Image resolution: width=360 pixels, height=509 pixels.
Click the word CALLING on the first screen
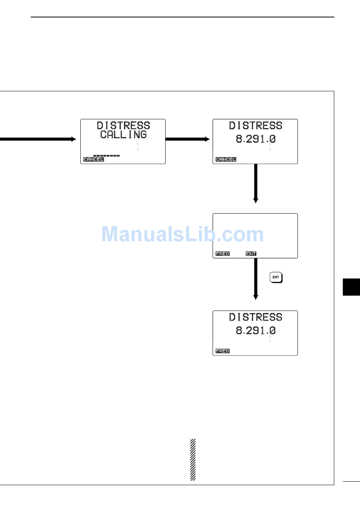point(123,134)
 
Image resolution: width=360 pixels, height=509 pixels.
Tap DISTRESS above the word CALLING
point(123,125)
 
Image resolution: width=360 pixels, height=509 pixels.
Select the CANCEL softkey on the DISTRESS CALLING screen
point(93,159)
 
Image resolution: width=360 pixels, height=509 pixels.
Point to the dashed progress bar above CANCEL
point(106,155)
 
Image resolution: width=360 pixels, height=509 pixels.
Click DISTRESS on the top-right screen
point(255,125)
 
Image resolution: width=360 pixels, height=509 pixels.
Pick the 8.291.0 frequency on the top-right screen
point(255,139)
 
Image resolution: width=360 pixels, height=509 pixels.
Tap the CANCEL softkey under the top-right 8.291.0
point(225,159)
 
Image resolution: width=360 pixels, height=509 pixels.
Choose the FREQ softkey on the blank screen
point(222,254)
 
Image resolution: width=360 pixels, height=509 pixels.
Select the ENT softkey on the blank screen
point(251,254)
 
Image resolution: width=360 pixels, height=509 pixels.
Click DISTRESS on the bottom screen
point(255,317)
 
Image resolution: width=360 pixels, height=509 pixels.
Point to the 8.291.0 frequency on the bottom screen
point(255,331)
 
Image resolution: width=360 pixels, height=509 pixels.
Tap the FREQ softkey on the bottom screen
point(222,351)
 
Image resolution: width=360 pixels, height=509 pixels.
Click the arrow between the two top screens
point(188,139)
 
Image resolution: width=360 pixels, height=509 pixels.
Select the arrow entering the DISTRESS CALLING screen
point(38,139)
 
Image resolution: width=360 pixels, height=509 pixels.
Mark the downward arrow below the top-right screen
point(256,184)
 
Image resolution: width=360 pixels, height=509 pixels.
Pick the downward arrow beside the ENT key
point(256,279)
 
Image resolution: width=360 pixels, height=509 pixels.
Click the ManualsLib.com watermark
point(182,234)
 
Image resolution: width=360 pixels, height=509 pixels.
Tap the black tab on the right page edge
point(351,287)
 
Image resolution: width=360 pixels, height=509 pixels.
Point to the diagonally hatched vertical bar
point(193,459)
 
